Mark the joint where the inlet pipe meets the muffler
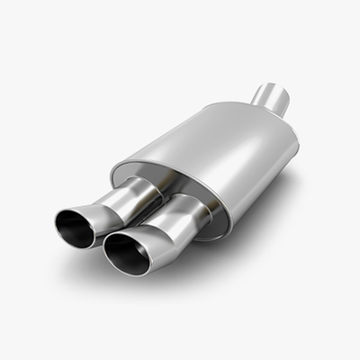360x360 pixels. point(256,112)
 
